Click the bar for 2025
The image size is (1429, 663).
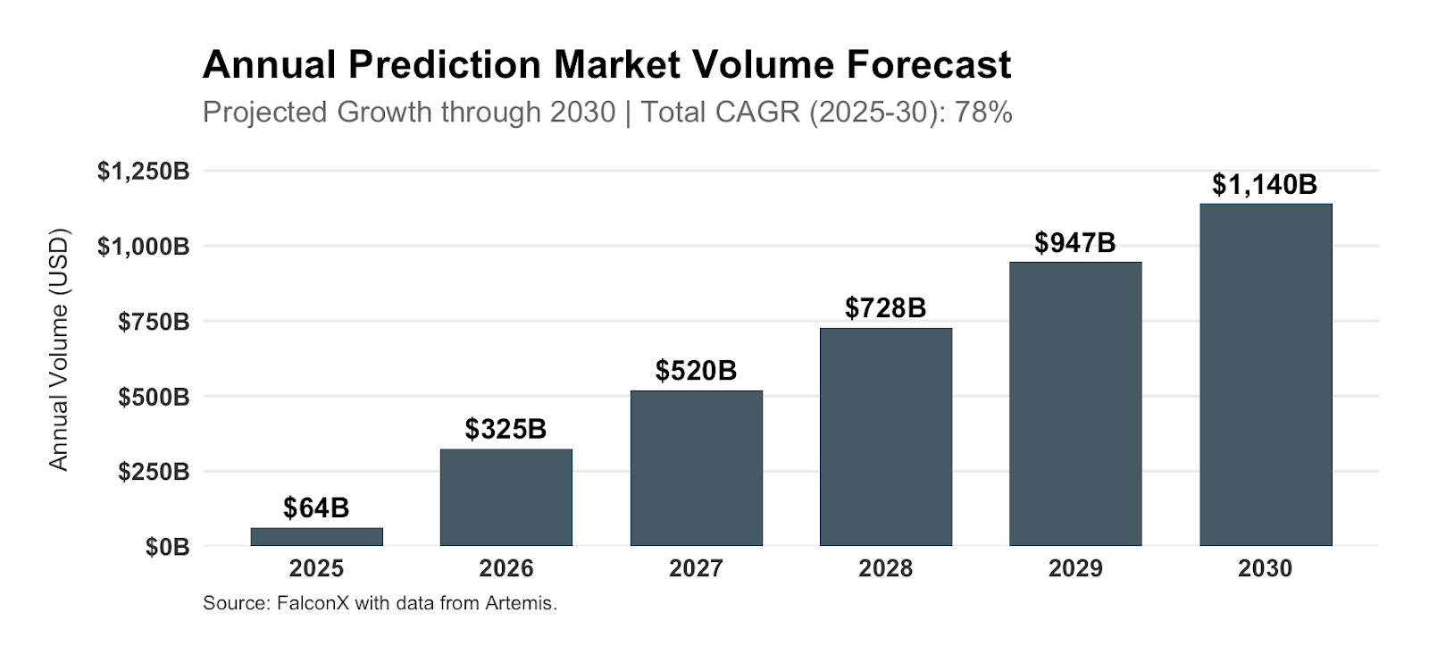click(x=316, y=536)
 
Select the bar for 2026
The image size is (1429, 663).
click(x=506, y=498)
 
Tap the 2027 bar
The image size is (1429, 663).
click(x=696, y=468)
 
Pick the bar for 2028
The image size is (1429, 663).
click(x=885, y=437)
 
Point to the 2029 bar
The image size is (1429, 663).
click(x=1075, y=404)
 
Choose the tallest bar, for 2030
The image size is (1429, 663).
click(x=1265, y=375)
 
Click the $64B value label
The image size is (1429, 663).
click(x=316, y=508)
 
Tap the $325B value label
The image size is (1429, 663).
click(x=506, y=429)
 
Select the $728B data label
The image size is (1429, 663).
click(x=885, y=308)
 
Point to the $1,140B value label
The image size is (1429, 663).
click(x=1264, y=185)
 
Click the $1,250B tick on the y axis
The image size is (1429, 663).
click(x=143, y=171)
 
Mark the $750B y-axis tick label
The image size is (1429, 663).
click(x=154, y=321)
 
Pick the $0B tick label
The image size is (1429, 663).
click(x=168, y=546)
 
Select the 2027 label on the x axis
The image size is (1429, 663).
click(x=696, y=568)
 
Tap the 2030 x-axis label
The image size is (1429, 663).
click(x=1265, y=568)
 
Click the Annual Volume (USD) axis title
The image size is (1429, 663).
click(x=59, y=349)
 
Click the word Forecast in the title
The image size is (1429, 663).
click(x=929, y=64)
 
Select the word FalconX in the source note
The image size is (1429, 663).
click(x=313, y=603)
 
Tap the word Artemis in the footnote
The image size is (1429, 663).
click(x=520, y=603)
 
